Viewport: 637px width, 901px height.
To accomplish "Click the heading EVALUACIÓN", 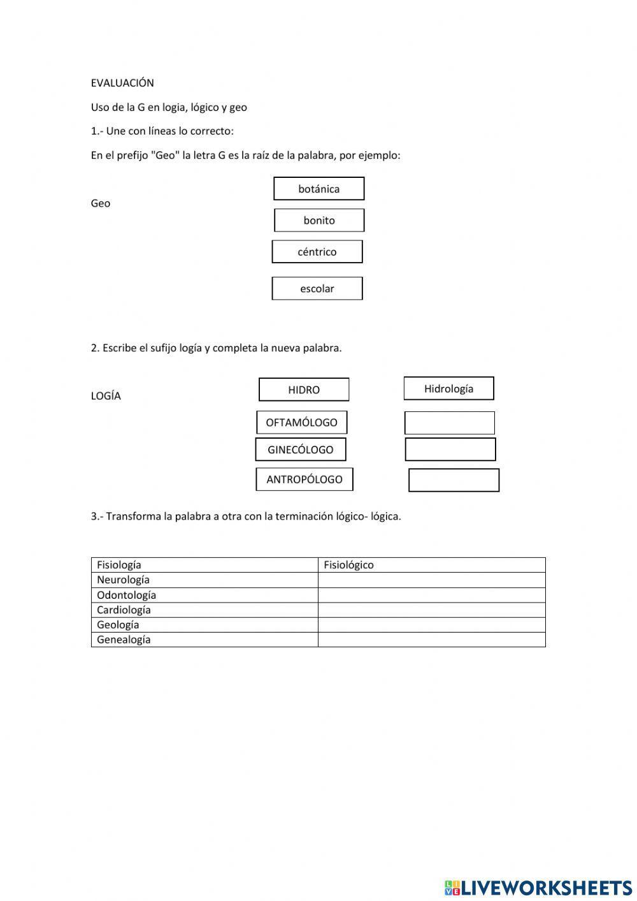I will pyautogui.click(x=122, y=83).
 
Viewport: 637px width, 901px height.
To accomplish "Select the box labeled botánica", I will pyautogui.click(x=318, y=189).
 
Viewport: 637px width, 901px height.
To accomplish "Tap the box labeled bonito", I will pyautogui.click(x=319, y=220).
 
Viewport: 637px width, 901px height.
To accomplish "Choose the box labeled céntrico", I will pyautogui.click(x=317, y=252).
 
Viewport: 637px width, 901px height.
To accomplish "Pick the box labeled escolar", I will pyautogui.click(x=317, y=288).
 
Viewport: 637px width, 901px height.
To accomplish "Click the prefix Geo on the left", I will pyautogui.click(x=101, y=203).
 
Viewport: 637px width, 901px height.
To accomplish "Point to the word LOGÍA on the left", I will pyautogui.click(x=106, y=396).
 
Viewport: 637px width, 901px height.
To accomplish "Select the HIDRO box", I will pyautogui.click(x=304, y=390).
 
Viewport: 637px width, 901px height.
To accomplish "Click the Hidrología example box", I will pyautogui.click(x=448, y=388).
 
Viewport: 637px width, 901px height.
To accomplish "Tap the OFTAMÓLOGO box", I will pyautogui.click(x=302, y=422).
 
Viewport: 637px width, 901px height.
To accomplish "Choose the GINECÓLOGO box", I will pyautogui.click(x=301, y=450).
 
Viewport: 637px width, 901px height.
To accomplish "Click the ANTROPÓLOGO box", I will pyautogui.click(x=304, y=480).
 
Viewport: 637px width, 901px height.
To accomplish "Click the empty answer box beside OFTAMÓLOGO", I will pyautogui.click(x=450, y=423).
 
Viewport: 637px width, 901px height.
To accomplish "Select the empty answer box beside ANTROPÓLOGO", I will pyautogui.click(x=454, y=480).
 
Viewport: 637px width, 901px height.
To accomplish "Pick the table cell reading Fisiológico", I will pyautogui.click(x=431, y=565).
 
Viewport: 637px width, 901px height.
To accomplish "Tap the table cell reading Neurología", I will pyautogui.click(x=204, y=580).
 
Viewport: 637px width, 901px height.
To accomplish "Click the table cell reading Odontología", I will pyautogui.click(x=204, y=595).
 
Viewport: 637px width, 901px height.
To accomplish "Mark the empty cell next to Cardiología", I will pyautogui.click(x=431, y=610).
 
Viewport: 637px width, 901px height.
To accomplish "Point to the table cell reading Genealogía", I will pyautogui.click(x=204, y=640).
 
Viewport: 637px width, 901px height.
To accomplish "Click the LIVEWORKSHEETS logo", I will pyautogui.click(x=538, y=887).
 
